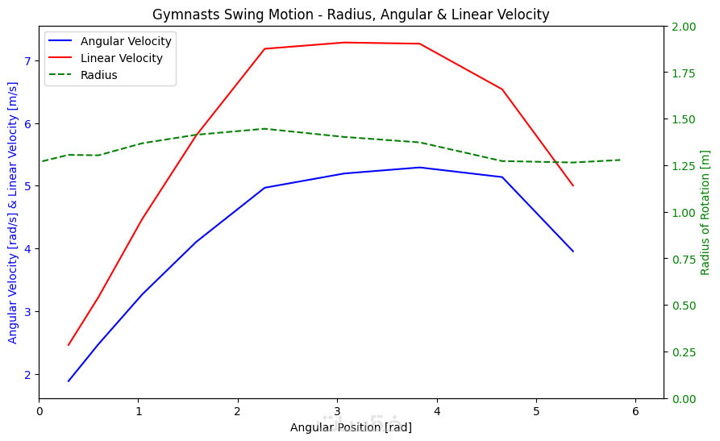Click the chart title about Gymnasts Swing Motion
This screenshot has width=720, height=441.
pyautogui.click(x=351, y=15)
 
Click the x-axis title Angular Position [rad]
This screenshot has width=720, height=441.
pyautogui.click(x=351, y=427)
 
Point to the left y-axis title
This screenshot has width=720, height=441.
pyautogui.click(x=13, y=213)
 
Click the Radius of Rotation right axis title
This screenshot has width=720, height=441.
pyautogui.click(x=705, y=213)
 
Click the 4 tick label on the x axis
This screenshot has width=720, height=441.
pyautogui.click(x=437, y=412)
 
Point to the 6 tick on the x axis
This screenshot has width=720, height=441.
pyautogui.click(x=635, y=412)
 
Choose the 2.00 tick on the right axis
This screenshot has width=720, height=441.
pyautogui.click(x=682, y=27)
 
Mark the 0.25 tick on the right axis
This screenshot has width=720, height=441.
pyautogui.click(x=682, y=352)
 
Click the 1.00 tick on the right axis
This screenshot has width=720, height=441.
pyautogui.click(x=682, y=213)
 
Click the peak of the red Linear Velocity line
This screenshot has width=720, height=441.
pyautogui.click(x=344, y=43)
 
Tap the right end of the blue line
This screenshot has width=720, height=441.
pyautogui.click(x=573, y=252)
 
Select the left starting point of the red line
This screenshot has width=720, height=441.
pyautogui.click(x=69, y=345)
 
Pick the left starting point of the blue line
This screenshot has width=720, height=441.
pyautogui.click(x=69, y=381)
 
